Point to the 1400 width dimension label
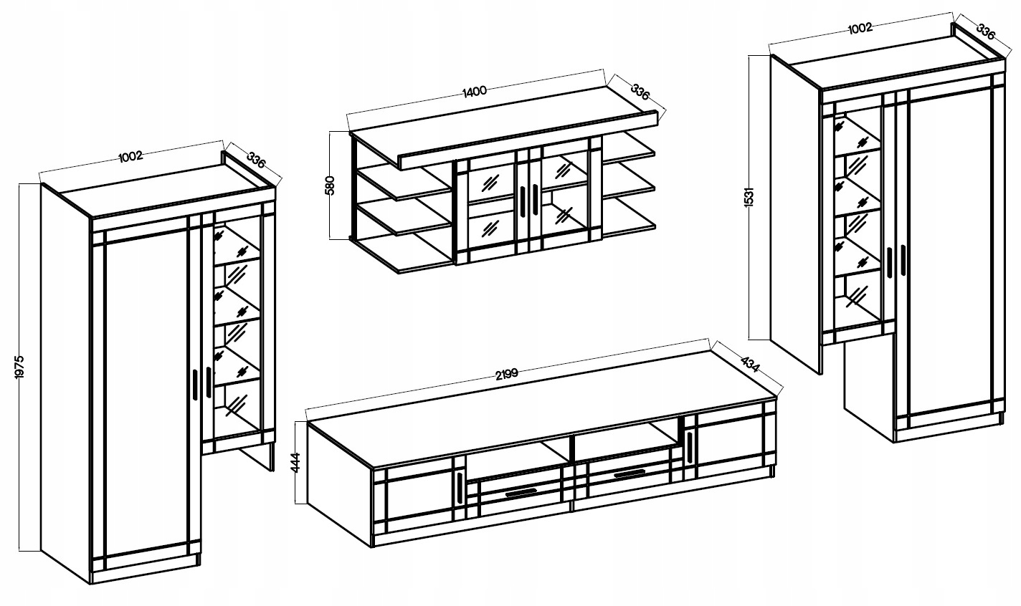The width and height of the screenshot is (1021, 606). click(475, 90)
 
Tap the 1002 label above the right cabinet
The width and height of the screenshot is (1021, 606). click(859, 28)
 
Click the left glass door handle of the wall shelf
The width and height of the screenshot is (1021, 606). click(524, 199)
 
